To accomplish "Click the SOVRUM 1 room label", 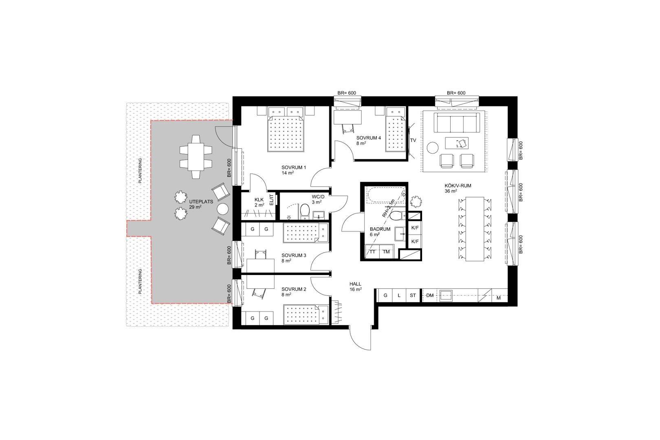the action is click(x=293, y=167).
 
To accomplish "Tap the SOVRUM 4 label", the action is click(x=369, y=138).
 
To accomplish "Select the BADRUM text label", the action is click(x=380, y=229).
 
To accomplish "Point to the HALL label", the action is click(x=355, y=284).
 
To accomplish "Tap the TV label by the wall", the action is click(x=413, y=140).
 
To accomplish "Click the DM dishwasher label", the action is click(x=430, y=295).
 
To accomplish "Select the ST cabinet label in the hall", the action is click(x=413, y=295).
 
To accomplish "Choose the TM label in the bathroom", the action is click(x=386, y=252).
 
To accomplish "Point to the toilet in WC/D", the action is click(x=305, y=212).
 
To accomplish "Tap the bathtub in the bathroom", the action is click(x=386, y=195).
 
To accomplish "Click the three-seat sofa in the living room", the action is click(x=457, y=123).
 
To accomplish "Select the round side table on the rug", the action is click(x=433, y=147).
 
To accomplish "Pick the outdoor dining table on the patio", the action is click(x=196, y=156).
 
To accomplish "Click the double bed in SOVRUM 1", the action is click(x=286, y=134).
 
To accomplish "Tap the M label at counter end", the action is click(x=499, y=298).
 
